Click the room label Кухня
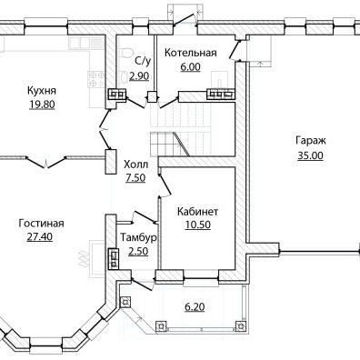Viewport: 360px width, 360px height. (42, 91)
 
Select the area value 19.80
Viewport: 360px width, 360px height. (42, 105)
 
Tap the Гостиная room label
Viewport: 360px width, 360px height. (41, 224)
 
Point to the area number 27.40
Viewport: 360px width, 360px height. (40, 236)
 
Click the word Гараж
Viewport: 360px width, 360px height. (311, 141)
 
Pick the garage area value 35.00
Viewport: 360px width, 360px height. (310, 155)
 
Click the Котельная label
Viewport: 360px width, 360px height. (191, 53)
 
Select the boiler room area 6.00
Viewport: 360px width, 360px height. (191, 67)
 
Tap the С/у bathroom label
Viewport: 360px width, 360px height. (143, 61)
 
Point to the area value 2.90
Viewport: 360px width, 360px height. (139, 76)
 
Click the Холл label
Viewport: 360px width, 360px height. (136, 165)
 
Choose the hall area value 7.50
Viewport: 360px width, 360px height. (135, 178)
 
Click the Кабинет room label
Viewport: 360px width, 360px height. (197, 211)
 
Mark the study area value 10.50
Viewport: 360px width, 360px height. (198, 225)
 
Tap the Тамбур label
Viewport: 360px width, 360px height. (139, 237)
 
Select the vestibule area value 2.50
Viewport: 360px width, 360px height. (138, 252)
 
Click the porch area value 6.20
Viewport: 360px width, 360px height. (195, 307)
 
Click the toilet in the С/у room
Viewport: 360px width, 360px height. (125, 53)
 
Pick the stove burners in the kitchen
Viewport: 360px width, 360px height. (96, 78)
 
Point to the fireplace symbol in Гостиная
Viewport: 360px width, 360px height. (84, 259)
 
